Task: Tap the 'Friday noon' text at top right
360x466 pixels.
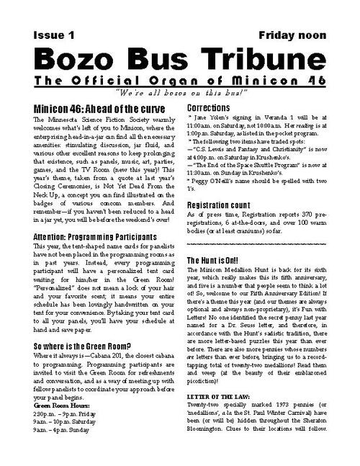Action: pos(292,35)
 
